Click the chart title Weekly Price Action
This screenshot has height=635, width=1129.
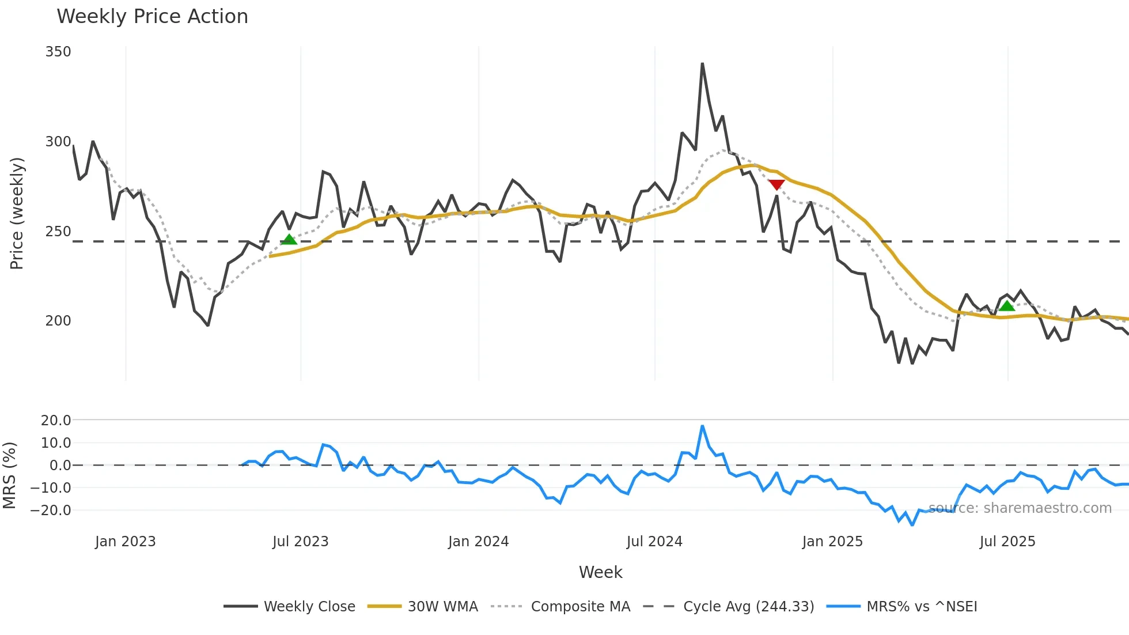pyautogui.click(x=152, y=17)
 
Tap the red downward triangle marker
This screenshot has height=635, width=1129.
pyautogui.click(x=776, y=184)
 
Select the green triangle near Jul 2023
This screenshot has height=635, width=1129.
pyautogui.click(x=289, y=239)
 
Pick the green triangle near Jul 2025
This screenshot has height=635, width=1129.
pyautogui.click(x=1006, y=305)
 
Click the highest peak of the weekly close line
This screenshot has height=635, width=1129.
pyautogui.click(x=702, y=64)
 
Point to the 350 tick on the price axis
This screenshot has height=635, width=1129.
pyautogui.click(x=58, y=52)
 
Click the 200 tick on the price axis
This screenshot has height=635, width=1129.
pyautogui.click(x=58, y=321)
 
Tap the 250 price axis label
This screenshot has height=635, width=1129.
pyautogui.click(x=58, y=232)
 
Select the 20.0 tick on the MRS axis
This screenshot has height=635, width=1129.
pyautogui.click(x=56, y=420)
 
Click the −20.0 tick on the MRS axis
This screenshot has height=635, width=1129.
pyautogui.click(x=51, y=510)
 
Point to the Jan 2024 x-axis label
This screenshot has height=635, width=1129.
pyautogui.click(x=478, y=542)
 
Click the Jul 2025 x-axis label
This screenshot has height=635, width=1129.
pyautogui.click(x=1007, y=542)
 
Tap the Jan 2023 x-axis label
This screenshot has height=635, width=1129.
pyautogui.click(x=125, y=542)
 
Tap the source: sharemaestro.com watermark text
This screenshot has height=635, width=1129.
pyautogui.click(x=1020, y=508)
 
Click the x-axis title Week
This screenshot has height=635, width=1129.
pyautogui.click(x=600, y=572)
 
